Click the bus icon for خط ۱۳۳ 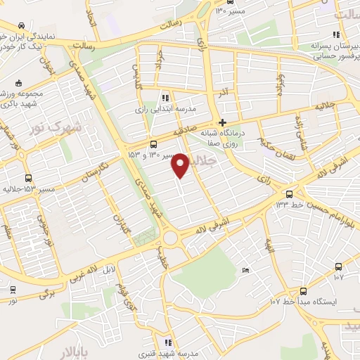tap(289, 193)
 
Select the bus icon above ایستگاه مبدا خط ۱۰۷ tap(303, 290)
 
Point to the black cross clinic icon tap(222, 121)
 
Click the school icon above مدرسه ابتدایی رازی tap(165, 98)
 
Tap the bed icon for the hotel tap(245, 271)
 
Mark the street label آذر tap(223, 93)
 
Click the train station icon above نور tap(13, 289)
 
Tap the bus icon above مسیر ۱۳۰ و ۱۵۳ tap(153, 143)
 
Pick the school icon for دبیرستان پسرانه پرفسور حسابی tap(335, 34)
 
